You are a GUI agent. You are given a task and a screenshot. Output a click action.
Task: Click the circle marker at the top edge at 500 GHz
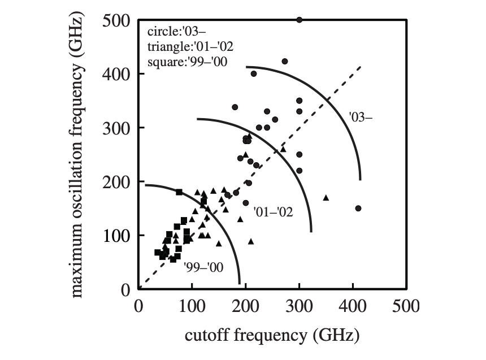[x=300, y=20]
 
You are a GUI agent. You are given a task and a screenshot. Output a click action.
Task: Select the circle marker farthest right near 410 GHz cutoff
[x=358, y=208]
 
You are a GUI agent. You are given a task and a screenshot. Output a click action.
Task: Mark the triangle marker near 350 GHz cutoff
[x=326, y=198]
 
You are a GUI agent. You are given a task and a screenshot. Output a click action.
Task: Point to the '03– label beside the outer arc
[x=362, y=118]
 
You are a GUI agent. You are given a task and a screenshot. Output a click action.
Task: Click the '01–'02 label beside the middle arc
[x=273, y=212]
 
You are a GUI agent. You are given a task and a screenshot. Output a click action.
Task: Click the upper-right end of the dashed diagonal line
[x=360, y=66]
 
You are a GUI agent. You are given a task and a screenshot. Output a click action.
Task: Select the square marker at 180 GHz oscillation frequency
[x=179, y=192]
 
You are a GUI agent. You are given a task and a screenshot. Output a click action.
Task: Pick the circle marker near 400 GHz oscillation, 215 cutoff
[x=254, y=74]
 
